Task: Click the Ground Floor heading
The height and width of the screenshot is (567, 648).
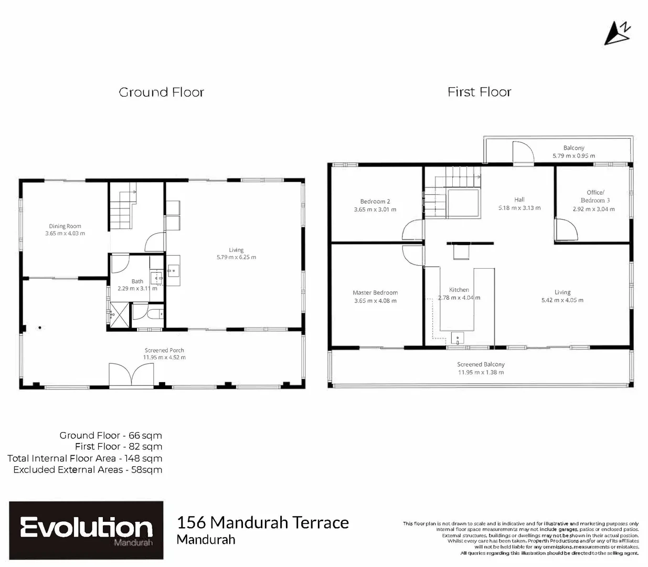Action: [161, 92]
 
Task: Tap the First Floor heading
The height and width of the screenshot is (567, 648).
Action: [479, 92]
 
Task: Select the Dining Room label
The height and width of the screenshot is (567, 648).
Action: [65, 226]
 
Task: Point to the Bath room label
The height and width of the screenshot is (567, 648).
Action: [137, 281]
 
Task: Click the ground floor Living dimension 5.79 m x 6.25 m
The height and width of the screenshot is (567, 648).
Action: [236, 257]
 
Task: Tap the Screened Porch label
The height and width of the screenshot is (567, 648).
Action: [164, 350]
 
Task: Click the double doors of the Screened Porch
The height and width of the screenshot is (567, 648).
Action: [132, 375]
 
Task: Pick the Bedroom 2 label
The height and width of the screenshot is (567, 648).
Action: [375, 202]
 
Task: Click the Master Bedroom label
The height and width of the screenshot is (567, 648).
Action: [375, 293]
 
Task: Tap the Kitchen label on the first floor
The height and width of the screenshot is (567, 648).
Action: [459, 290]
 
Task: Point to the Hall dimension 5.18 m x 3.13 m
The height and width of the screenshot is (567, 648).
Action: [519, 208]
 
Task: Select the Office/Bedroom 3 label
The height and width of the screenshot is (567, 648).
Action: [595, 196]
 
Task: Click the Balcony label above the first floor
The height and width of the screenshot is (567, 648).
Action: [573, 148]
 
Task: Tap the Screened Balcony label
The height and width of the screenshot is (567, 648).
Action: [481, 364]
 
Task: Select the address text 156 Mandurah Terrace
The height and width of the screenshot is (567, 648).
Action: [263, 523]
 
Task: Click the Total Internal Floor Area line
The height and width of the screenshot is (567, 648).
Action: [84, 458]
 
